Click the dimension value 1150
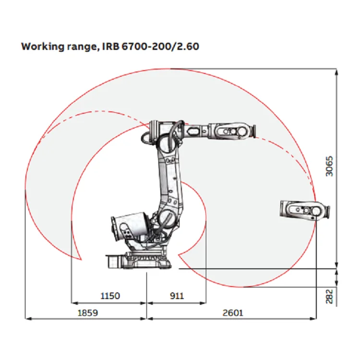coord(110,296)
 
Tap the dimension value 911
coord(177,296)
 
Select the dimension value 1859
coord(88,312)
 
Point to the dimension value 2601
coord(233,312)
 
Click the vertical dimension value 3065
coord(329,166)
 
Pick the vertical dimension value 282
coord(329,297)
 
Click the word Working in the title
coord(43,47)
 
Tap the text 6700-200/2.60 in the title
coord(160,47)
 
